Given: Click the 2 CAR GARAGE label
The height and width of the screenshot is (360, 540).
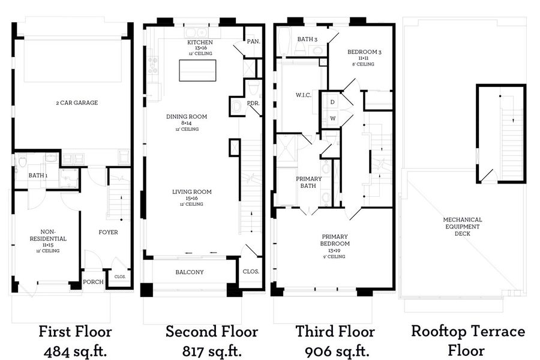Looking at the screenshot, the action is (x=77, y=103).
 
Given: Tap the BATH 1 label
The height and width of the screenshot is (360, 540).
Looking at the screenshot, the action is (x=38, y=175).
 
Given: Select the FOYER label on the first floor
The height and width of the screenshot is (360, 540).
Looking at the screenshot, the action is (x=108, y=232).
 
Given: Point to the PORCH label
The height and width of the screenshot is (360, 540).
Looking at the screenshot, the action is (x=93, y=282).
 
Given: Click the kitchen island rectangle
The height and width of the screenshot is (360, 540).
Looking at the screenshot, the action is (x=197, y=70).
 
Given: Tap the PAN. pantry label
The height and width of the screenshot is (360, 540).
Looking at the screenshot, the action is (x=253, y=41).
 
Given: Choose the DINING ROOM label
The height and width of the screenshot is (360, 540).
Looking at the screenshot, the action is (x=187, y=116).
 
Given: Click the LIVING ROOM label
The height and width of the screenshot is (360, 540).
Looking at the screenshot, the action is (x=192, y=191).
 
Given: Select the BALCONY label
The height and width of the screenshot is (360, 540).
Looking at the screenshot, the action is (x=190, y=272).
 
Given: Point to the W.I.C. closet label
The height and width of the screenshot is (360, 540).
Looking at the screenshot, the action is (x=304, y=95).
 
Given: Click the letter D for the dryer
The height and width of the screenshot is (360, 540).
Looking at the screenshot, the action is (x=332, y=102).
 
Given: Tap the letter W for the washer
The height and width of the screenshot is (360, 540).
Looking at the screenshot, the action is (x=333, y=118).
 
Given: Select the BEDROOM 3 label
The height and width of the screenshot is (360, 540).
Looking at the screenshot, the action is (x=364, y=52).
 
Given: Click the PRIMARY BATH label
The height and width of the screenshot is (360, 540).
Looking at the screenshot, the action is (x=308, y=182).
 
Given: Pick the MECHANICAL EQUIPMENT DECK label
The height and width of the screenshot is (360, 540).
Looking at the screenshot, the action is (x=463, y=226).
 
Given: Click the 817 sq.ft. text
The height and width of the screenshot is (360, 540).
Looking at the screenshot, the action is (x=212, y=352).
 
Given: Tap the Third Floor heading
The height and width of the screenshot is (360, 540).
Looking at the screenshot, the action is (x=335, y=331).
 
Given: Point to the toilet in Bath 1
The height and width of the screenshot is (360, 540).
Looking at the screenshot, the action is (x=23, y=161).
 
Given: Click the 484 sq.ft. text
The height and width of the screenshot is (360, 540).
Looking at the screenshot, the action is (x=76, y=352).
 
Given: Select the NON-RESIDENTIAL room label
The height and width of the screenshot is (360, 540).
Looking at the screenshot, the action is (x=48, y=235).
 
